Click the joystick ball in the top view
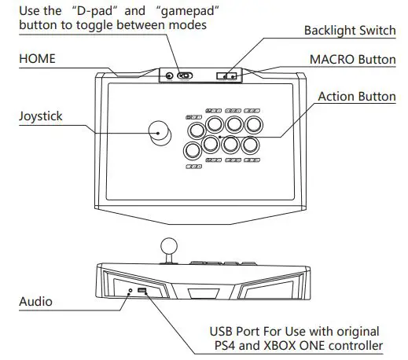coord(160,132)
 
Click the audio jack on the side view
coord(130,291)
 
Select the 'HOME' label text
coord(37,60)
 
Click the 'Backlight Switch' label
coord(349,31)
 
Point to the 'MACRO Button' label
coord(353,60)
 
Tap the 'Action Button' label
coord(356,97)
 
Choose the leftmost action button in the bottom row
coord(192,149)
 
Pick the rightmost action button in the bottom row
coord(250,145)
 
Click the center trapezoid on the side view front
coord(204,294)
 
